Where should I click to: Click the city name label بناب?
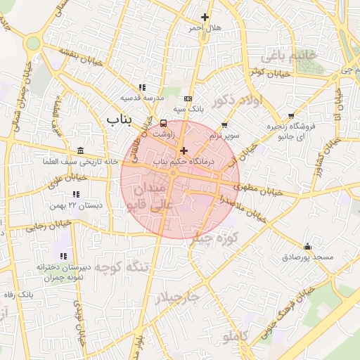[x=119, y=120]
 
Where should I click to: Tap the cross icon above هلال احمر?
[x=205, y=17]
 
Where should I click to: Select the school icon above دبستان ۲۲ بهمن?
[x=76, y=194]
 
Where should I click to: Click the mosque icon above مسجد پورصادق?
[x=307, y=246]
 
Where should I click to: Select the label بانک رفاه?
[x=19, y=292]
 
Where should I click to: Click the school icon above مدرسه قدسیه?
[x=142, y=87]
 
